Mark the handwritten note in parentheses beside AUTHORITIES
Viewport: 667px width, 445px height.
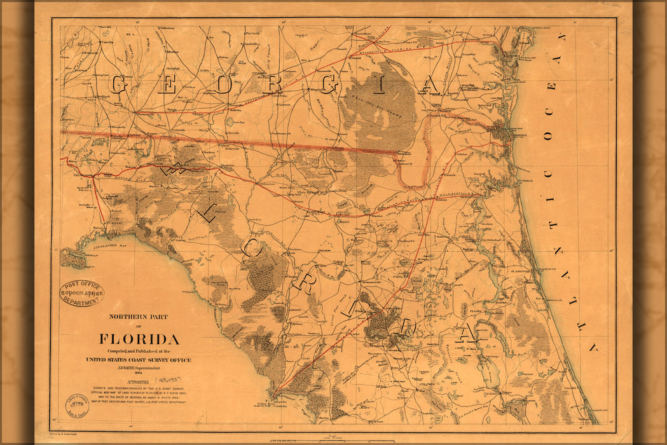(x=158, y=384)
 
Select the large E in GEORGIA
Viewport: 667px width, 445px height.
(x=167, y=85)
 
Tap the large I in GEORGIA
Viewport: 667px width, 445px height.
(x=378, y=85)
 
